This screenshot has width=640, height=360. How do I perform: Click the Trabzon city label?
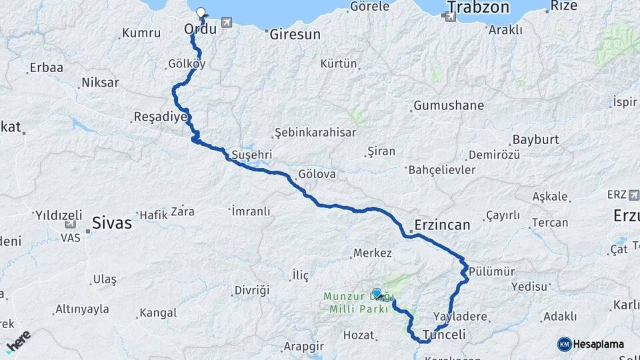(x=478, y=8)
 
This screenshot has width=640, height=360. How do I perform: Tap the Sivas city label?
(x=111, y=223)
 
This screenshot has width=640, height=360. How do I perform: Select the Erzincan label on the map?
(x=442, y=225)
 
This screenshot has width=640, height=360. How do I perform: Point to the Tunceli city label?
(x=443, y=334)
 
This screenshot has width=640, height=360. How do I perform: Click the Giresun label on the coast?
(x=295, y=34)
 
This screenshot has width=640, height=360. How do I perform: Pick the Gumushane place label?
(x=449, y=106)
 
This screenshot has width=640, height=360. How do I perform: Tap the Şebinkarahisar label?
(x=316, y=132)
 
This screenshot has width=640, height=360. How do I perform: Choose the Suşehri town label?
(x=251, y=155)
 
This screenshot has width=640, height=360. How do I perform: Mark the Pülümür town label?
(x=492, y=271)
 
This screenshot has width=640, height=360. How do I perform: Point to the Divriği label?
(x=251, y=290)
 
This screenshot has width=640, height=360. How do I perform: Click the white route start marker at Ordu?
(x=201, y=11)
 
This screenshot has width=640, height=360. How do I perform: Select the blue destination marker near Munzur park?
(x=377, y=293)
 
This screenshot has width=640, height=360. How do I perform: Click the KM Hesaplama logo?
(x=591, y=344)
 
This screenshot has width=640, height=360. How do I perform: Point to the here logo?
(x=18, y=340)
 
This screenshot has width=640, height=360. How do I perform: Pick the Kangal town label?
(x=158, y=313)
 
